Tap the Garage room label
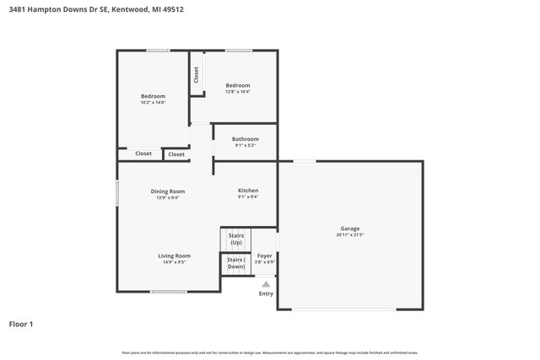pyautogui.click(x=350, y=228)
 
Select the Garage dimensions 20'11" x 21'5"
pyautogui.click(x=350, y=235)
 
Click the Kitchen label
pyautogui.click(x=248, y=191)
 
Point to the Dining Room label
pyautogui.click(x=168, y=191)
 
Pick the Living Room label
pyautogui.click(x=174, y=255)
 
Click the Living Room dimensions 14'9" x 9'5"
pyautogui.click(x=174, y=262)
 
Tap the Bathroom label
pyautogui.click(x=246, y=138)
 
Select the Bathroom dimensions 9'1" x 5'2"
pyautogui.click(x=246, y=145)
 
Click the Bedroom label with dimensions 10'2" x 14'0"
pyautogui.click(x=153, y=95)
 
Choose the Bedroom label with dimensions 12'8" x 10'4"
pyautogui.click(x=237, y=84)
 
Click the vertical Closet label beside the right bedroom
pyautogui.click(x=196, y=75)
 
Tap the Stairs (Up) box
pyautogui.click(x=236, y=239)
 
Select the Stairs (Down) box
pyautogui.click(x=236, y=263)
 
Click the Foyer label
pyautogui.click(x=265, y=255)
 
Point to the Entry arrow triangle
pyautogui.click(x=266, y=284)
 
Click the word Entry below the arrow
pyautogui.click(x=266, y=293)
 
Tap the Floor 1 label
pyautogui.click(x=21, y=324)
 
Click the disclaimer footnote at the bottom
pyautogui.click(x=270, y=352)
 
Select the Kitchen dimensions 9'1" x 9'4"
pyautogui.click(x=248, y=197)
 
